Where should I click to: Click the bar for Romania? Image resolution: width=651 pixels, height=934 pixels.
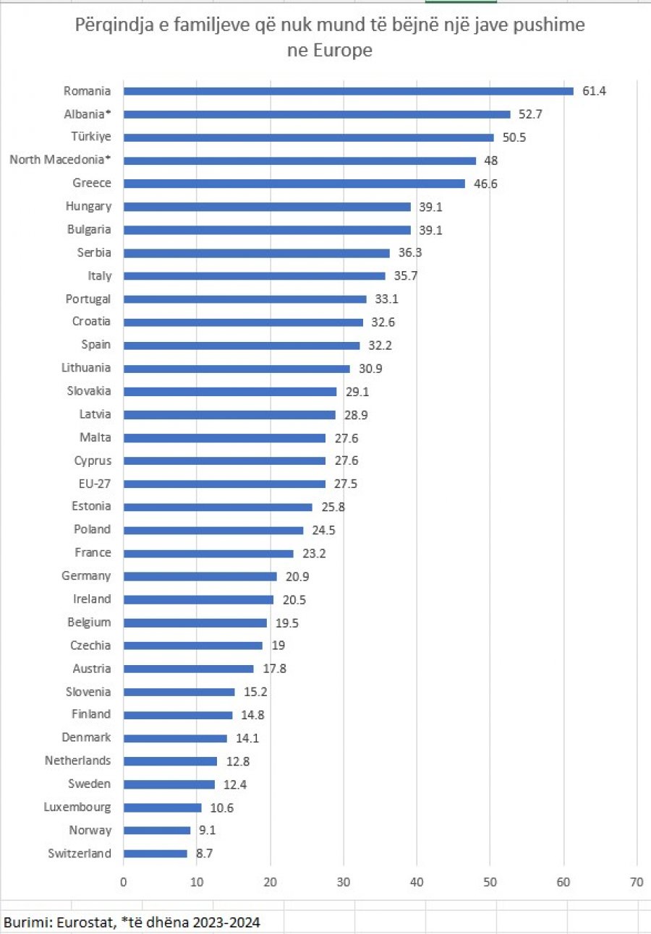point(349,91)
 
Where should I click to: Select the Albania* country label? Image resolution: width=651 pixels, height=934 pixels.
point(88,114)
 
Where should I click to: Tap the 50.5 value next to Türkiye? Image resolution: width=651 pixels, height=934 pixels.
point(514,137)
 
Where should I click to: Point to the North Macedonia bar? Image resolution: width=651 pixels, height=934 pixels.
point(299,161)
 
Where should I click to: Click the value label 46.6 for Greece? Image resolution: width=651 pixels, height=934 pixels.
point(485,184)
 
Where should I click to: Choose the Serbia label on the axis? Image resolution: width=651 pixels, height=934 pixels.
point(94,253)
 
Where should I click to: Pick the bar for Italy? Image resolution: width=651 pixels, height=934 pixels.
point(255,276)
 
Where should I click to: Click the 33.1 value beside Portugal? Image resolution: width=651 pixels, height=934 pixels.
point(386,299)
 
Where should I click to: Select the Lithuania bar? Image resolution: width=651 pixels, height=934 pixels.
point(237,369)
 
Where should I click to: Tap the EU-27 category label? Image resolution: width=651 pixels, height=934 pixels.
point(95,484)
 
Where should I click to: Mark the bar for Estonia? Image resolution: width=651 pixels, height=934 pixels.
point(218,507)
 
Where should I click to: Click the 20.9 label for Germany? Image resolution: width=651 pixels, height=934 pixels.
point(297,577)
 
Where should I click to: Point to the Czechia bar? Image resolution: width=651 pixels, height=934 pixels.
point(193,646)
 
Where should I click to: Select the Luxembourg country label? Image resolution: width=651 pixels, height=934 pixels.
point(77,807)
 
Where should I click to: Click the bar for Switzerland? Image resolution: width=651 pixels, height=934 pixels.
point(156,854)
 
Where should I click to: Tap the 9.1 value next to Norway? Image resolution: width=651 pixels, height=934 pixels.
point(207,830)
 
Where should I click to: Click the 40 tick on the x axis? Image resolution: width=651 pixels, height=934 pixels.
point(417,882)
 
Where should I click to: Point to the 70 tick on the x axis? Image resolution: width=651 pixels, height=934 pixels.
point(637,882)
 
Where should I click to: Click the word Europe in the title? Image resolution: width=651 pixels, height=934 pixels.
point(342,51)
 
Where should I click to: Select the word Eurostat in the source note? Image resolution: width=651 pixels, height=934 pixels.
point(85,922)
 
